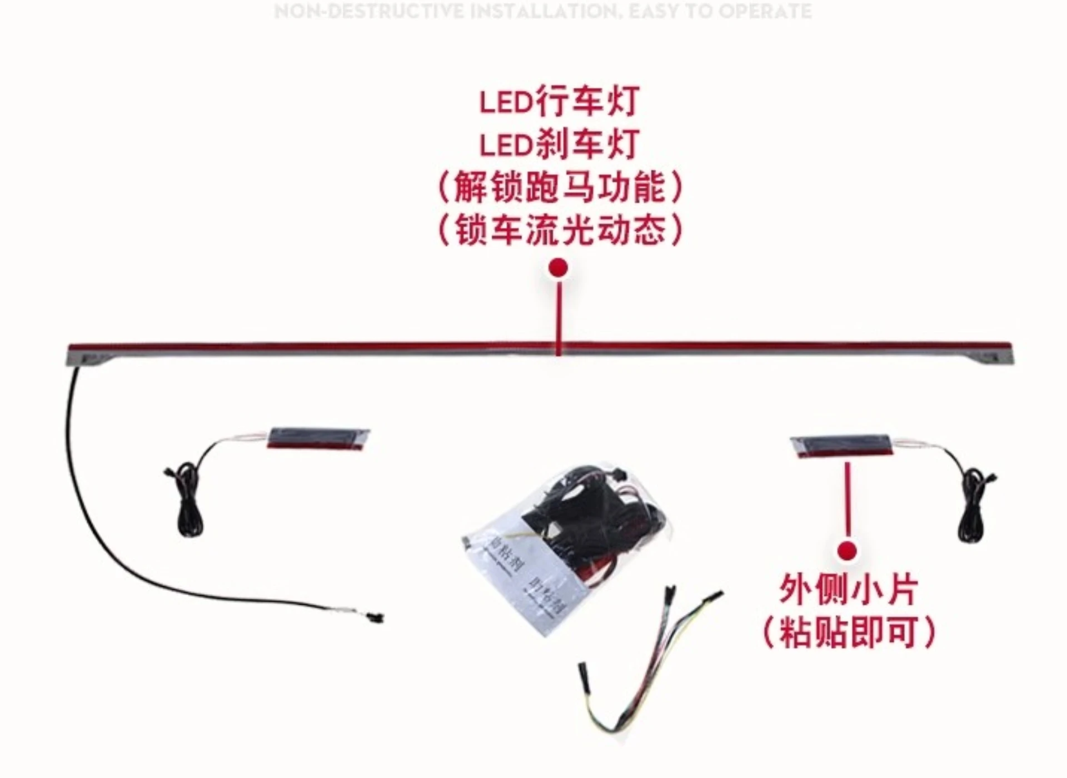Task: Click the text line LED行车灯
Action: coord(559,102)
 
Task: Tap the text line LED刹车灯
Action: coord(559,144)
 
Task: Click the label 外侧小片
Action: coord(847,590)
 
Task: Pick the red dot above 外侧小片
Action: coord(847,551)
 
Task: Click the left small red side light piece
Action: coord(318,438)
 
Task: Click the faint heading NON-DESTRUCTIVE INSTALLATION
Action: coord(543,11)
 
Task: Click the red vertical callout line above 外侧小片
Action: coord(847,500)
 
